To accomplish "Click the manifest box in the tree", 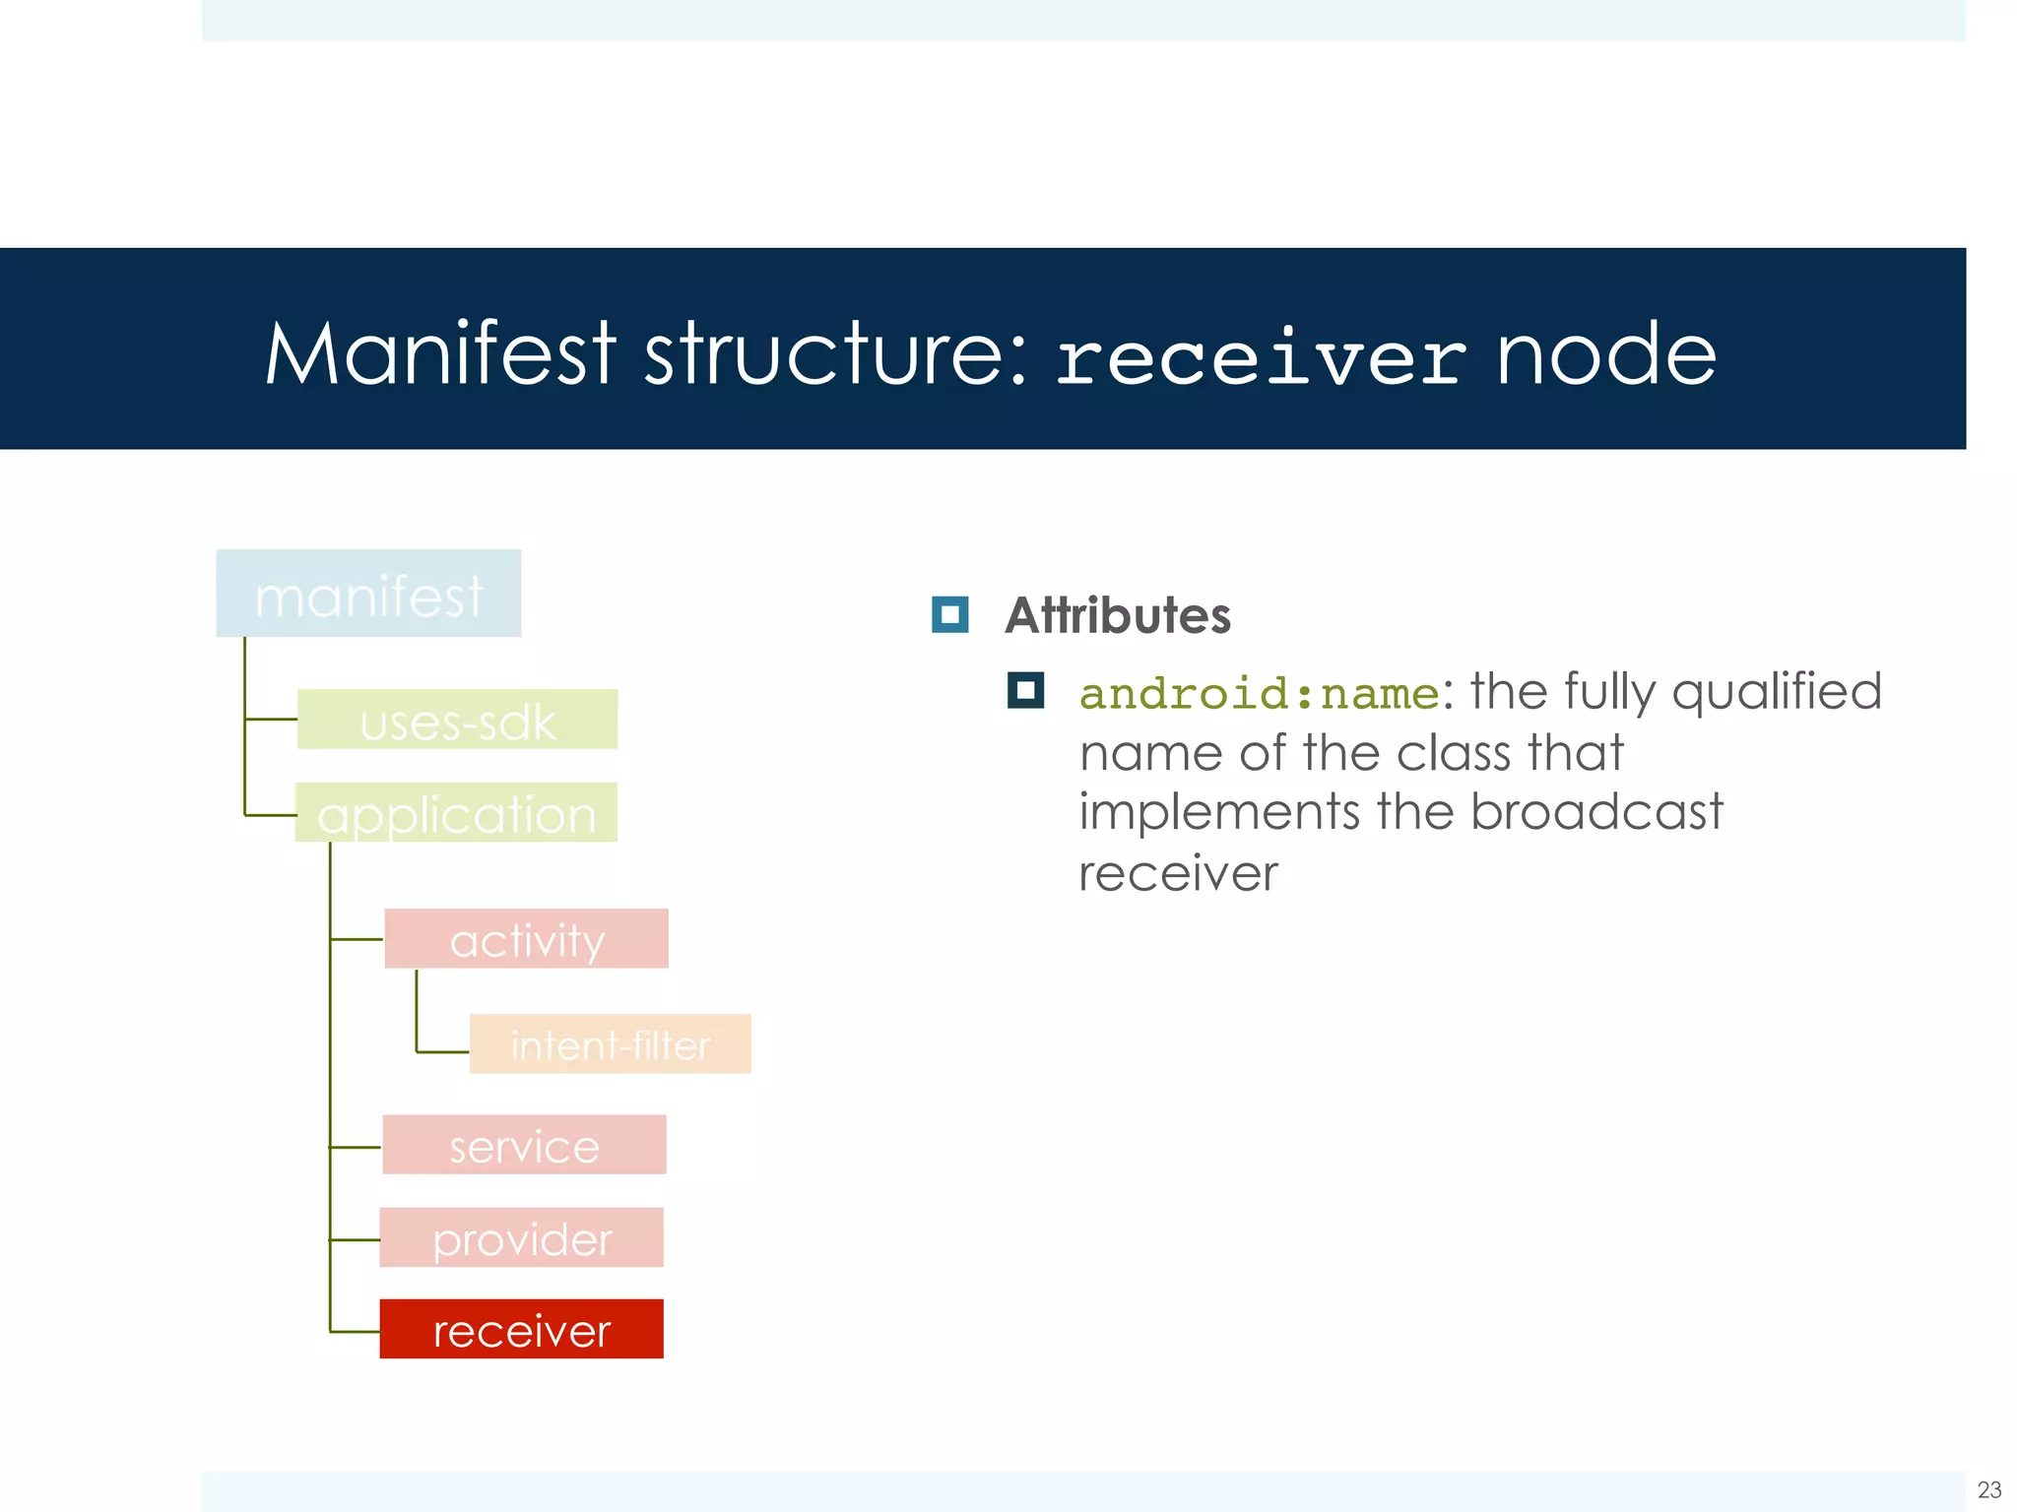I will tap(368, 594).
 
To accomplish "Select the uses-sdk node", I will tap(457, 720).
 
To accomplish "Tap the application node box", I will tap(456, 813).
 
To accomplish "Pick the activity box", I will tap(526, 939).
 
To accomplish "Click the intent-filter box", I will tap(610, 1043).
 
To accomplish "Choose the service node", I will tap(524, 1145).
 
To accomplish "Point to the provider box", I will tap(521, 1237).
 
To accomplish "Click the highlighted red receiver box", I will tap(521, 1329).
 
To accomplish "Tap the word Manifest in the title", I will tap(440, 353).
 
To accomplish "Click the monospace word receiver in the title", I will tap(1262, 357).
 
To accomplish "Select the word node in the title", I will tap(1606, 355).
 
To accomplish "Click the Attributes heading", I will tap(1117, 615).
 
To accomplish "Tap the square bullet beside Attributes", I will tap(949, 615).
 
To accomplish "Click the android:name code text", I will tap(1260, 694).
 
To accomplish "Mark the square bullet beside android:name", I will tap(1025, 690).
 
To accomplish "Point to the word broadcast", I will tap(1595, 812).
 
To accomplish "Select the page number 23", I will tap(1988, 1489).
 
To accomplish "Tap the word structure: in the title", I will tap(836, 353).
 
